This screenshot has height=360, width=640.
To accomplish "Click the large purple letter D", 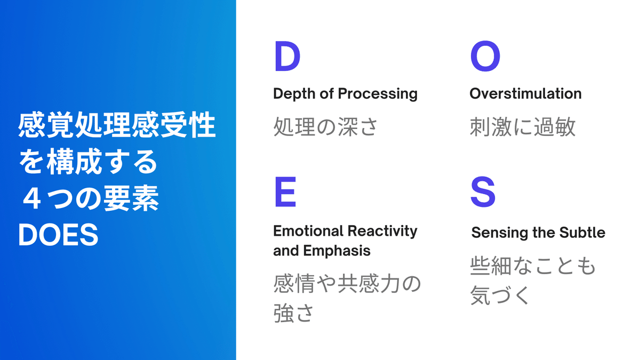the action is pos(287,57).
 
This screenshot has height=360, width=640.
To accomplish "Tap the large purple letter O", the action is pos(485,57).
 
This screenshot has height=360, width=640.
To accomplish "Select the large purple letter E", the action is pos(285,191).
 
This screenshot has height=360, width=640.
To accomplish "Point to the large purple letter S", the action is pos(483,191).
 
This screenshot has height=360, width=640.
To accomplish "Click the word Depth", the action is pos(294,94).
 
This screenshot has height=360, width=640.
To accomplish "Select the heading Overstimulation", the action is pos(525,94).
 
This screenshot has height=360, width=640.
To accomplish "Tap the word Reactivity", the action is pos(382,231).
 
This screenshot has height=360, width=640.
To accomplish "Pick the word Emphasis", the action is pos(337,251).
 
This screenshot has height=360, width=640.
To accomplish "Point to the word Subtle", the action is pos(582,233).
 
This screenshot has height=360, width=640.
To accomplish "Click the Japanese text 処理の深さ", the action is pos(325,126).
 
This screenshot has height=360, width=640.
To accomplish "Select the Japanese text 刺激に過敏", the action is pos(523,126).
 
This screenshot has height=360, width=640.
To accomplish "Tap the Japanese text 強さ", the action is pos(293,313).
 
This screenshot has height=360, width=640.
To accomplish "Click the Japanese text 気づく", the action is pos(500,295).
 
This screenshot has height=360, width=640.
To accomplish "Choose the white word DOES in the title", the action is pos(58,235).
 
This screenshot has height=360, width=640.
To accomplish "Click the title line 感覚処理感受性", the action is pos(117,125).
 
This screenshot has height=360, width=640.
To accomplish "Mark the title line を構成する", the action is pos(88,162).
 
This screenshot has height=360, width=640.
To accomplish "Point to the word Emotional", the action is pos(308,231).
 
